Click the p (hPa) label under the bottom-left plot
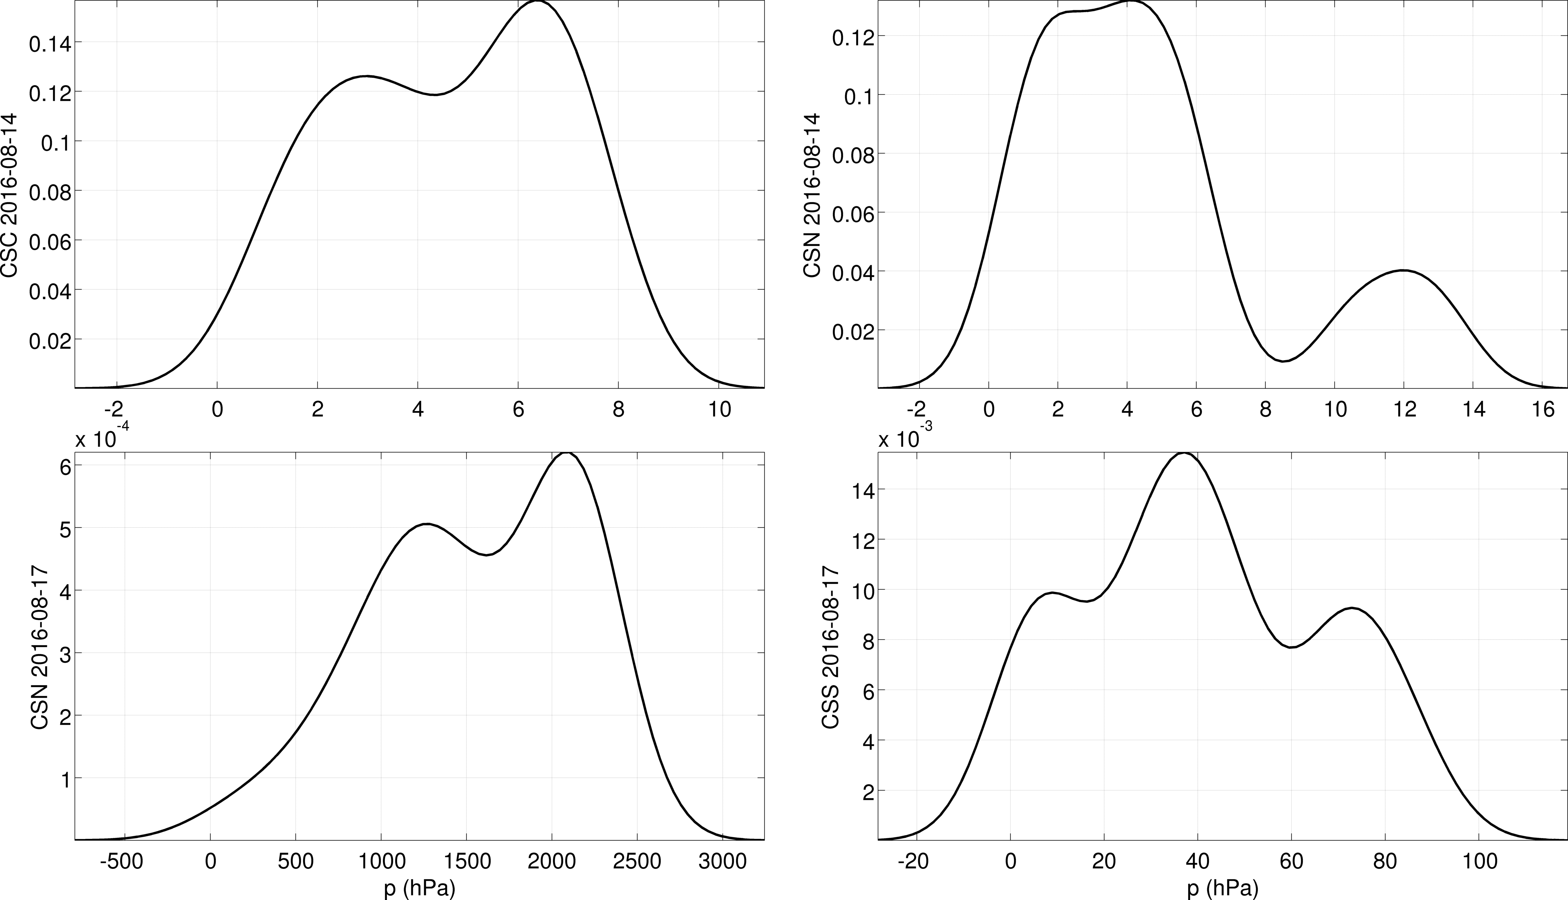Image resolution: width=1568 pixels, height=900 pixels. coord(420,888)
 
